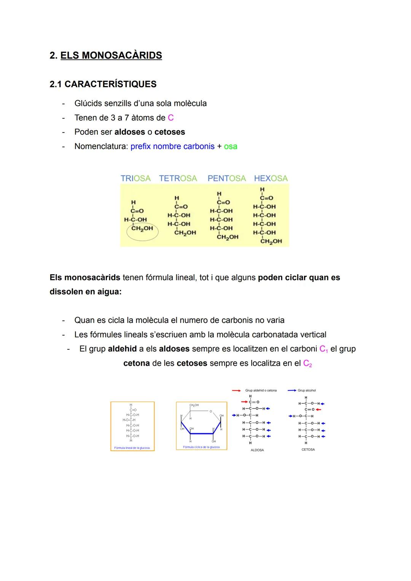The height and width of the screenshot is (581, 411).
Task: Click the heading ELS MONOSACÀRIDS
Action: (111, 55)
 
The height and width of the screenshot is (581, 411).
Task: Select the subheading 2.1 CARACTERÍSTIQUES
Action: (103, 84)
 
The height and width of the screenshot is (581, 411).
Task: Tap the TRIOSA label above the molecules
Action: (135, 178)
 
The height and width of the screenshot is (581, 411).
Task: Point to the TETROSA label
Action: (178, 178)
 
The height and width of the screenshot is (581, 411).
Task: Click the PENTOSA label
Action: (226, 178)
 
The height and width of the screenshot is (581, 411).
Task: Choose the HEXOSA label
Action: (271, 178)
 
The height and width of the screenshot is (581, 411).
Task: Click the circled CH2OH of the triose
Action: (142, 229)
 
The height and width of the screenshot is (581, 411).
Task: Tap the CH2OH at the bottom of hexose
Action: (271, 241)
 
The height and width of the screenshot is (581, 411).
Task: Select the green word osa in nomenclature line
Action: (231, 146)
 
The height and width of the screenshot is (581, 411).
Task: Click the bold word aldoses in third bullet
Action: (129, 132)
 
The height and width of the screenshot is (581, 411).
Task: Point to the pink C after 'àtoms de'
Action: (170, 118)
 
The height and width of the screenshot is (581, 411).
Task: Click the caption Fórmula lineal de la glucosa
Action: (132, 448)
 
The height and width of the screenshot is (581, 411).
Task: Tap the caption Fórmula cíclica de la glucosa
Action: (201, 447)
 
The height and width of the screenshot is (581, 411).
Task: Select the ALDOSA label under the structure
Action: (257, 450)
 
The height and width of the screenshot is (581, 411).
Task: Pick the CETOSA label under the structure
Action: (308, 450)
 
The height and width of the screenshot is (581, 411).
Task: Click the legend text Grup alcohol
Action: (307, 391)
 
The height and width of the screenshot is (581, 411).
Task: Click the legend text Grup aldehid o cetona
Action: (261, 391)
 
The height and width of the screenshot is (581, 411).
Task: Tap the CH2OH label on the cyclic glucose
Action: (194, 405)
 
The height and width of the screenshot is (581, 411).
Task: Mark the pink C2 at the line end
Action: (307, 363)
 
